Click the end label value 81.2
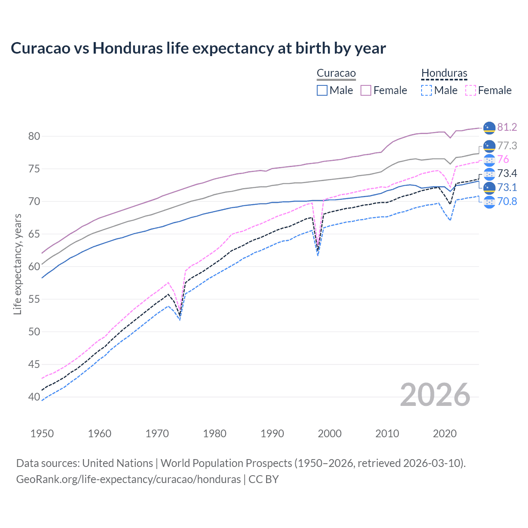[507, 127]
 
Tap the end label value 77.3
[507, 146]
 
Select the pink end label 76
[503, 160]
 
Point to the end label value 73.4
[507, 174]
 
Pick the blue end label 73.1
[507, 188]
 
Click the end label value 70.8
[507, 202]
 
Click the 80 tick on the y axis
[34, 136]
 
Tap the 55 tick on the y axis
[34, 299]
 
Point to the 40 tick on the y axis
[34, 397]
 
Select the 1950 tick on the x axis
[42, 434]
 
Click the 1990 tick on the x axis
[272, 434]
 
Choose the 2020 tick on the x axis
[445, 434]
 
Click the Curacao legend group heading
[336, 73]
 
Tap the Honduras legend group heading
[444, 73]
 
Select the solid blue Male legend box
[322, 90]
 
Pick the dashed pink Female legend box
[471, 90]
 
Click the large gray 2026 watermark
[435, 395]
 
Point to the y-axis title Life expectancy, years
[17, 264]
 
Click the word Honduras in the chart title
[127, 48]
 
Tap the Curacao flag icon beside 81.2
[489, 128]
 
